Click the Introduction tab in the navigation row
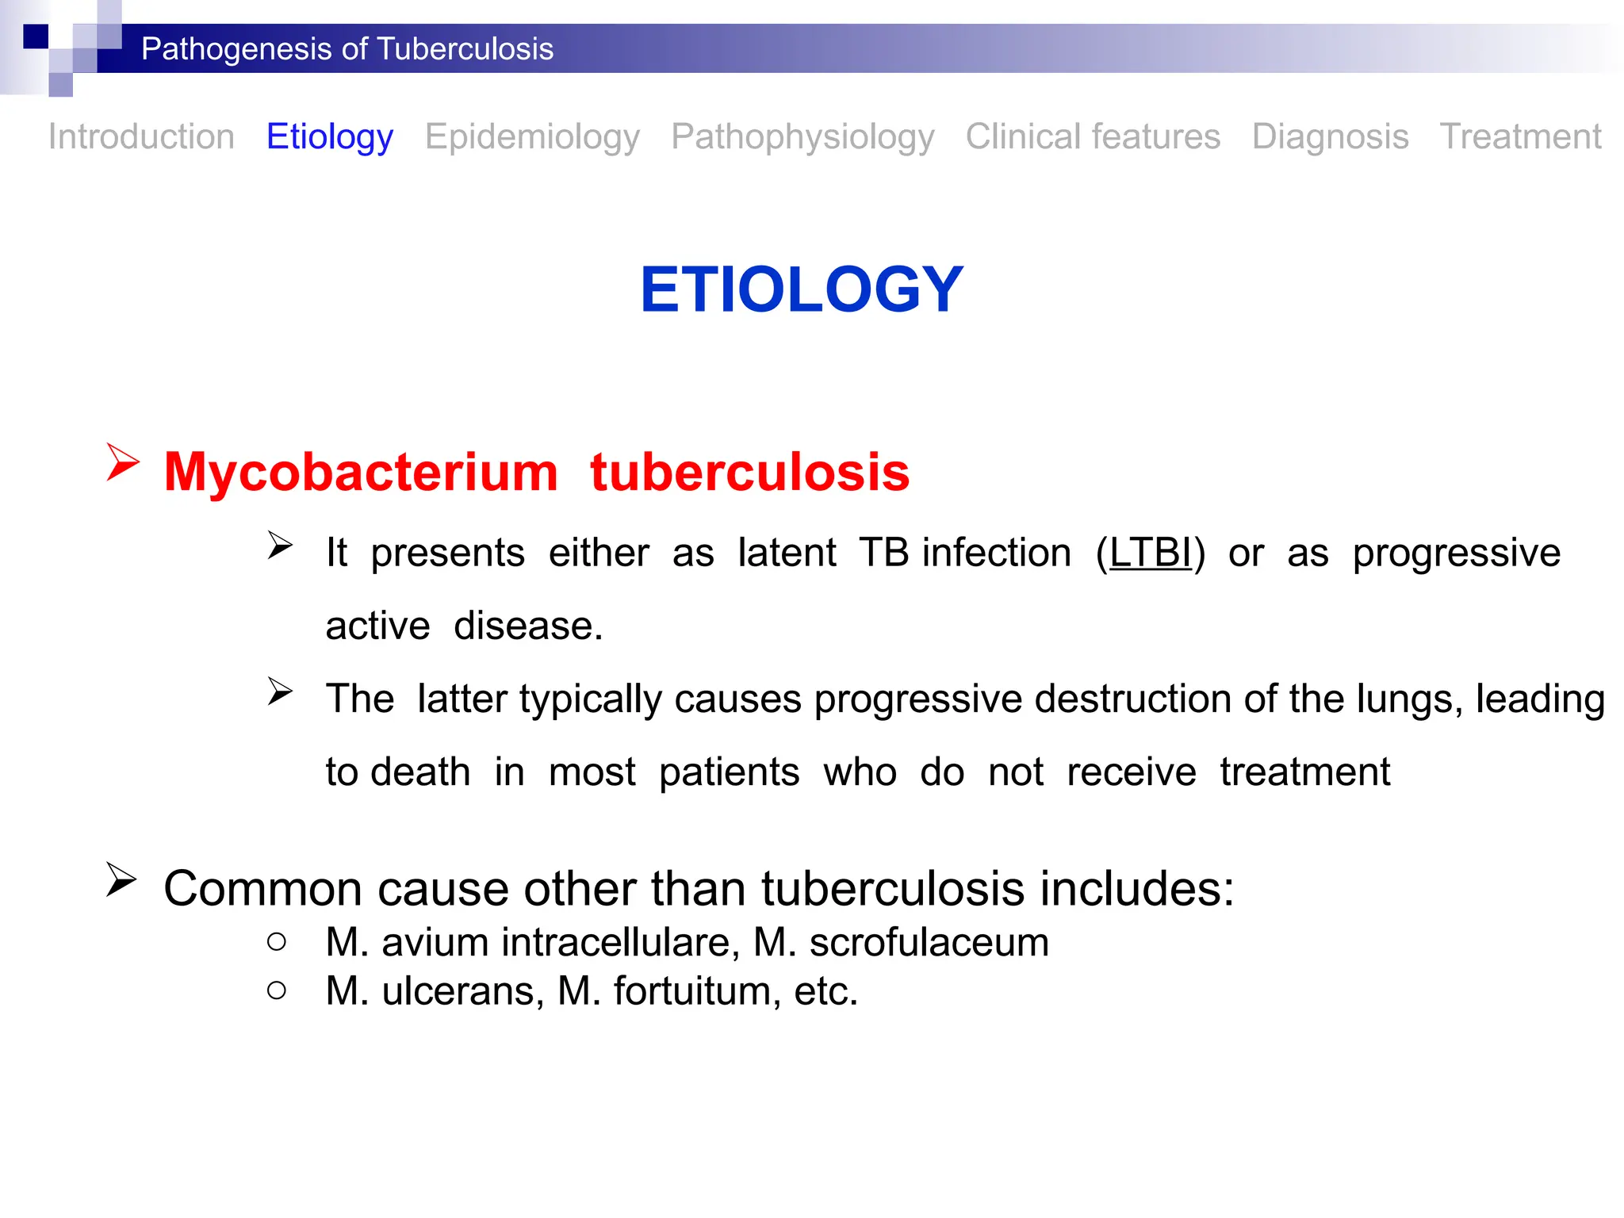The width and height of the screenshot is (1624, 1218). tap(141, 136)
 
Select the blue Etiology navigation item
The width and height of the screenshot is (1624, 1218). tap(329, 136)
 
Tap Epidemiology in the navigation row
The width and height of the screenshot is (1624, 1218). tap(532, 136)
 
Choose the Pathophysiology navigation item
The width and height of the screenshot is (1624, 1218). tap(802, 136)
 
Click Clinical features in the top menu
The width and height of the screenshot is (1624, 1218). tap(1093, 136)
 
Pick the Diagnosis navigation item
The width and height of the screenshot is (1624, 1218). tap(1330, 136)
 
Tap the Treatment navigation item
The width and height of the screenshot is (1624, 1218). tap(1520, 136)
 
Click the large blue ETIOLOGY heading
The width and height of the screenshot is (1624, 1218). tap(802, 289)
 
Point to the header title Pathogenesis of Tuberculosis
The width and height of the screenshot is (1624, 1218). tap(347, 49)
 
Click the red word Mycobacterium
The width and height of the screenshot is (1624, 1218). tap(361, 472)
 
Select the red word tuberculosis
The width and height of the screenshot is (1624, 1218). tap(749, 472)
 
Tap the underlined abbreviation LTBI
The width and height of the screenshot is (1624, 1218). tap(1150, 553)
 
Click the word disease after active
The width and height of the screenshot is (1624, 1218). tap(528, 626)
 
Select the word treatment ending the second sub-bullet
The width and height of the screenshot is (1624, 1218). tap(1304, 772)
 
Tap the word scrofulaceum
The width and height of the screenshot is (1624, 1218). tap(929, 943)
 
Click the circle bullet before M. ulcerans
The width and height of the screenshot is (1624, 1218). tap(277, 990)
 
